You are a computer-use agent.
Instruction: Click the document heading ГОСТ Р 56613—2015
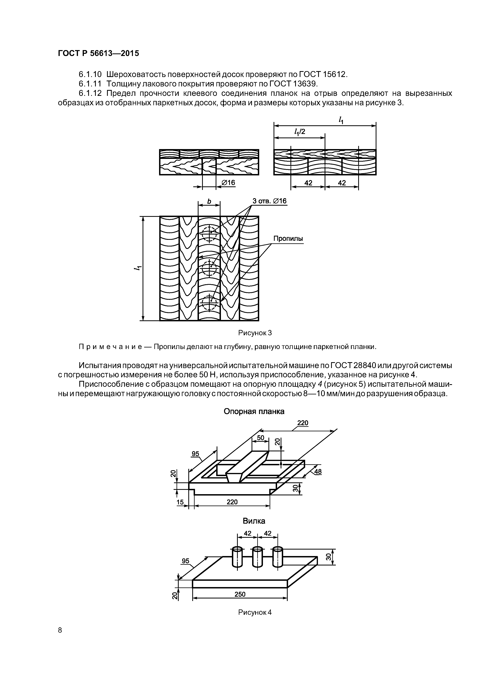(98, 53)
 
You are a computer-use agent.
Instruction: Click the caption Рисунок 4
(255, 612)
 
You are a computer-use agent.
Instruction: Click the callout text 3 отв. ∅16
(269, 201)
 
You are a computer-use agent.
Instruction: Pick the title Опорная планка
(254, 411)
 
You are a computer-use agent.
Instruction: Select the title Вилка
(254, 521)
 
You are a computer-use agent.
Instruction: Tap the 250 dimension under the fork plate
(240, 594)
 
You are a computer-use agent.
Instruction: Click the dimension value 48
(318, 472)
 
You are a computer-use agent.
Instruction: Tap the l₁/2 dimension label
(300, 131)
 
